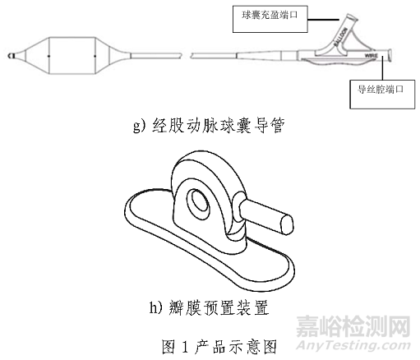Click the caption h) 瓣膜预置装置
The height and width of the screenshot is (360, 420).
[x=209, y=311]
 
